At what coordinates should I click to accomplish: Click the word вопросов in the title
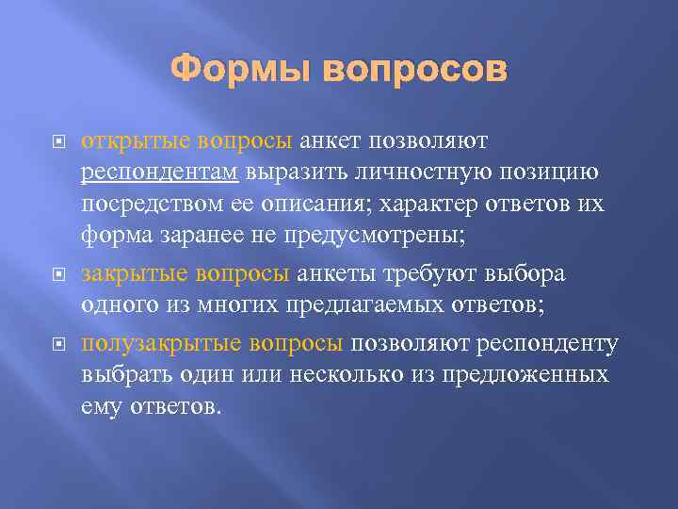(x=412, y=70)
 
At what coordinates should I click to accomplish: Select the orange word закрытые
(x=135, y=274)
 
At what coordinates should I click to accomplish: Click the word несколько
(x=354, y=375)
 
